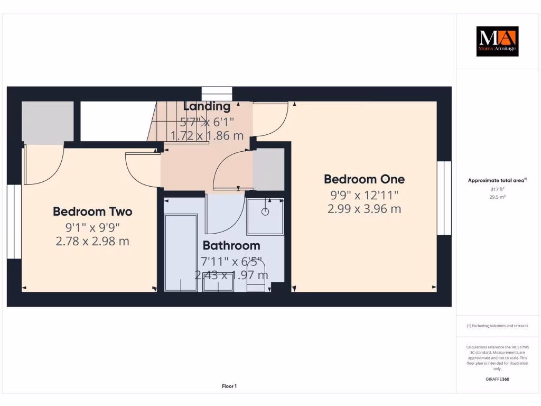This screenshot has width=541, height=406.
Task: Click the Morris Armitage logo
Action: pyautogui.click(x=497, y=41)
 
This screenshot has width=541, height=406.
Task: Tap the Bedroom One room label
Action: pyautogui.click(x=364, y=179)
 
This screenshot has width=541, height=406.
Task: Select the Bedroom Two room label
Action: pyautogui.click(x=92, y=211)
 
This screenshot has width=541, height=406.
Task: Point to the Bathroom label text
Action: pyautogui.click(x=231, y=245)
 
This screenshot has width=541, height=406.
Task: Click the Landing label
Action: pyautogui.click(x=207, y=106)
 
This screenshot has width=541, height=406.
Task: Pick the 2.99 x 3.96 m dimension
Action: pyautogui.click(x=364, y=209)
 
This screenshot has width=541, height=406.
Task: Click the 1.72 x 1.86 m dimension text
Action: pyautogui.click(x=207, y=135)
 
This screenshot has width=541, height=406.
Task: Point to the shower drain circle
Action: pyautogui.click(x=265, y=211)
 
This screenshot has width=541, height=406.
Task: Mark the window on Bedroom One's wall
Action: pyautogui.click(x=444, y=198)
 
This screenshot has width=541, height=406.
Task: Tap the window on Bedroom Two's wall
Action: pyautogui.click(x=14, y=222)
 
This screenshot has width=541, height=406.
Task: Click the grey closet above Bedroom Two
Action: pyautogui.click(x=48, y=122)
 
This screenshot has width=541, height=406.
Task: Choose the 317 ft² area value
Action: pyautogui.click(x=497, y=189)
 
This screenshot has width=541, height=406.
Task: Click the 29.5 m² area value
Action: pyautogui.click(x=497, y=197)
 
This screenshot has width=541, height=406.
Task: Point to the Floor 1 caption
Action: pyautogui.click(x=229, y=386)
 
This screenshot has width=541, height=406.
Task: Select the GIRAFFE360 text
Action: pyautogui.click(x=497, y=379)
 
